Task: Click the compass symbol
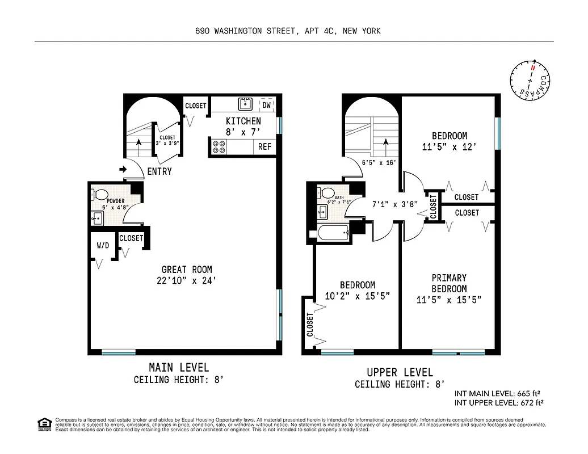click(531, 83)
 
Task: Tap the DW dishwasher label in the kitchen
click(266, 104)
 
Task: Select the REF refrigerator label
click(265, 146)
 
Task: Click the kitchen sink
click(245, 104)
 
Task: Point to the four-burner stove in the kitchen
click(219, 146)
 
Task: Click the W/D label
click(103, 246)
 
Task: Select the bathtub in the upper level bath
click(334, 233)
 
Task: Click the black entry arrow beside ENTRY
click(123, 169)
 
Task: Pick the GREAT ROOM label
click(187, 270)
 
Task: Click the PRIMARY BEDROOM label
click(448, 283)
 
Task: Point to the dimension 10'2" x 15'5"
click(357, 296)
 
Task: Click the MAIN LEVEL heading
click(178, 367)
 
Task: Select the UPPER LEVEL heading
click(400, 372)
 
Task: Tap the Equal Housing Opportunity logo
click(44, 423)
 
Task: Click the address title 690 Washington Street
click(287, 31)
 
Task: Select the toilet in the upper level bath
click(327, 193)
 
